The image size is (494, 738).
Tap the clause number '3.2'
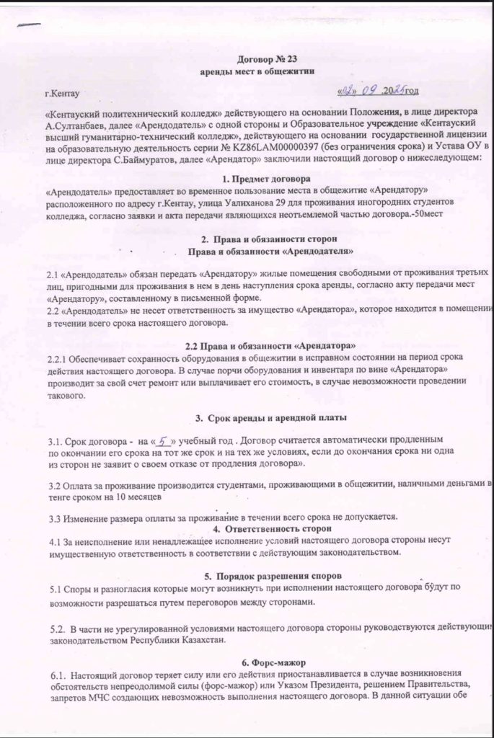point(55,486)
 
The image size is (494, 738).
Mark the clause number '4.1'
point(55,541)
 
